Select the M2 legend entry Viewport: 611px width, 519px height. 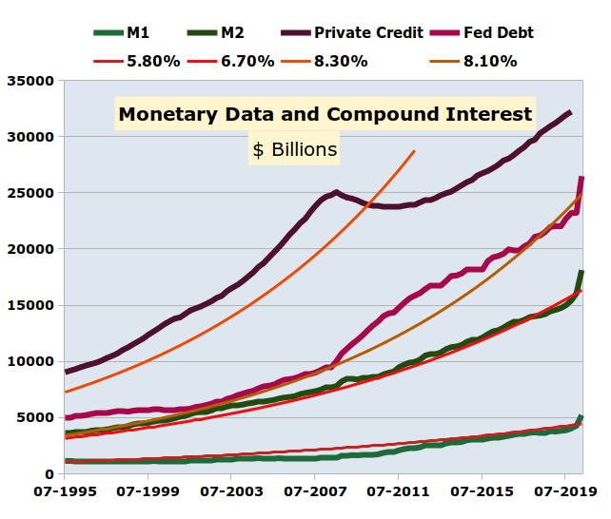(x=232, y=32)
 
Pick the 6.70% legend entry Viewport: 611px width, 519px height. (x=246, y=61)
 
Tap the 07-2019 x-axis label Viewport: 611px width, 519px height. (x=564, y=493)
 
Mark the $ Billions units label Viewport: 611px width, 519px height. (x=295, y=150)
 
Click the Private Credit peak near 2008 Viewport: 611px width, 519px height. (x=336, y=192)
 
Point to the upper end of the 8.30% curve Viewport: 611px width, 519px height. (x=414, y=150)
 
